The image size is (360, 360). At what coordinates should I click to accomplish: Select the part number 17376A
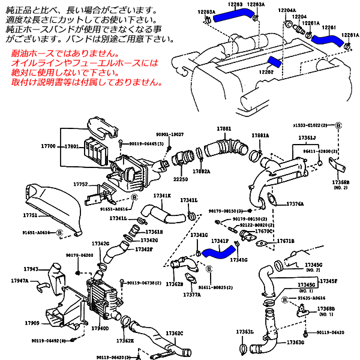[x=295, y=203]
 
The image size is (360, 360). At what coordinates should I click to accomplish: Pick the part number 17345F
[x=328, y=280]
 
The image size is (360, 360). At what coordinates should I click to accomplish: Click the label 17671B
[x=286, y=241]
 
